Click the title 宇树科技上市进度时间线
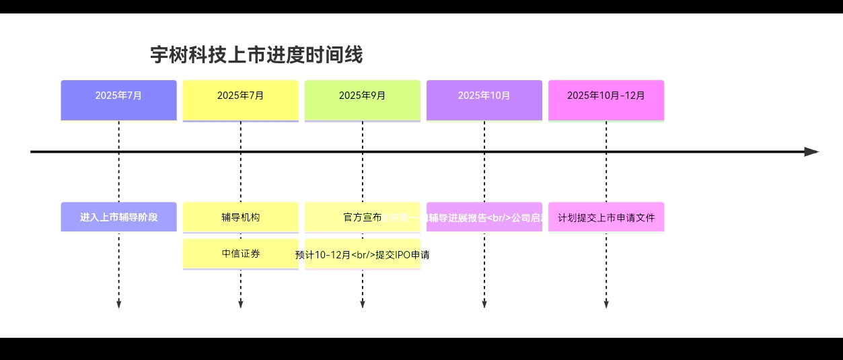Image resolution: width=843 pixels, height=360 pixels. [256, 55]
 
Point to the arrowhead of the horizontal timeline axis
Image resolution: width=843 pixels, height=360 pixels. [812, 151]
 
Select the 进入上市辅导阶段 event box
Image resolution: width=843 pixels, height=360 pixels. [118, 217]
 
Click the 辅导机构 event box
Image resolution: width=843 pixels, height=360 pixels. [240, 217]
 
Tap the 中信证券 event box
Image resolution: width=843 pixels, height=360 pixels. [240, 254]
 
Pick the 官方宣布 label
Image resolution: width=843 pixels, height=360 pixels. [362, 217]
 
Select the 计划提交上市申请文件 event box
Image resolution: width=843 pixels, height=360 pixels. [606, 217]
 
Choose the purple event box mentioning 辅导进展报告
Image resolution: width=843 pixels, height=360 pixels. [484, 217]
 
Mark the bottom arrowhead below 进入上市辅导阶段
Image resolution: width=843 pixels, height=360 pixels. [118, 305]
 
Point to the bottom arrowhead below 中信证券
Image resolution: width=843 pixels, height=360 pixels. [240, 305]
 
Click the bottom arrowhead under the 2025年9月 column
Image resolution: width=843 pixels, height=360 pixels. [362, 305]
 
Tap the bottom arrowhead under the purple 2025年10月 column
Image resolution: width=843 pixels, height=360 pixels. [484, 305]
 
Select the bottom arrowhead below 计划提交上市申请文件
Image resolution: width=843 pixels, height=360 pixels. [606, 305]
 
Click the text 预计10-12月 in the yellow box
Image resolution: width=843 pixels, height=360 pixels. [323, 255]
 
